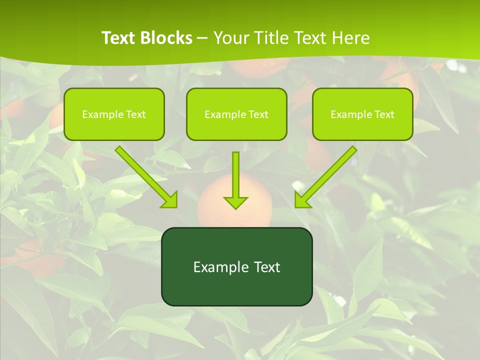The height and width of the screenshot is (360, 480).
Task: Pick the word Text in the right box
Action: [x=384, y=114]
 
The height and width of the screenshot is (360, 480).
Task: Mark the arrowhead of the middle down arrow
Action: [x=236, y=202]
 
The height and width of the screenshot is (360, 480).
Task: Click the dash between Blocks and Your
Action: [x=202, y=38]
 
